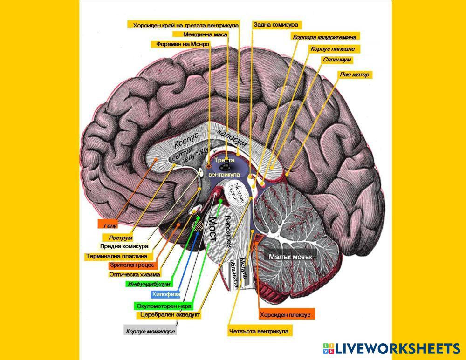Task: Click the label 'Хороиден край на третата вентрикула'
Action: click(185, 25)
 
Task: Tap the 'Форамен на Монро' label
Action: click(180, 44)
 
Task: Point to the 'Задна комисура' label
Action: click(276, 25)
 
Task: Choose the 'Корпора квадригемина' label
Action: click(326, 36)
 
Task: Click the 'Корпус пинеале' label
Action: click(335, 48)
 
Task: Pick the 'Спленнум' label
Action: click(336, 60)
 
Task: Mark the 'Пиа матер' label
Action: click(356, 75)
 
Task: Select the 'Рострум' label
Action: click(117, 238)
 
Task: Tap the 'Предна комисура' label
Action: click(124, 246)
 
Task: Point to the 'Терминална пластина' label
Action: click(116, 256)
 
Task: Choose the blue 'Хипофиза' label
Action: click(165, 294)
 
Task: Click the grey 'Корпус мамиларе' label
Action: click(151, 332)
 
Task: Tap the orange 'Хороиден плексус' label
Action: click(285, 314)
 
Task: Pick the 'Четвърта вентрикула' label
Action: click(259, 332)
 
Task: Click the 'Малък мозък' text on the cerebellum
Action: click(290, 257)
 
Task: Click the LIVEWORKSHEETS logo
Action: click(391, 349)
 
